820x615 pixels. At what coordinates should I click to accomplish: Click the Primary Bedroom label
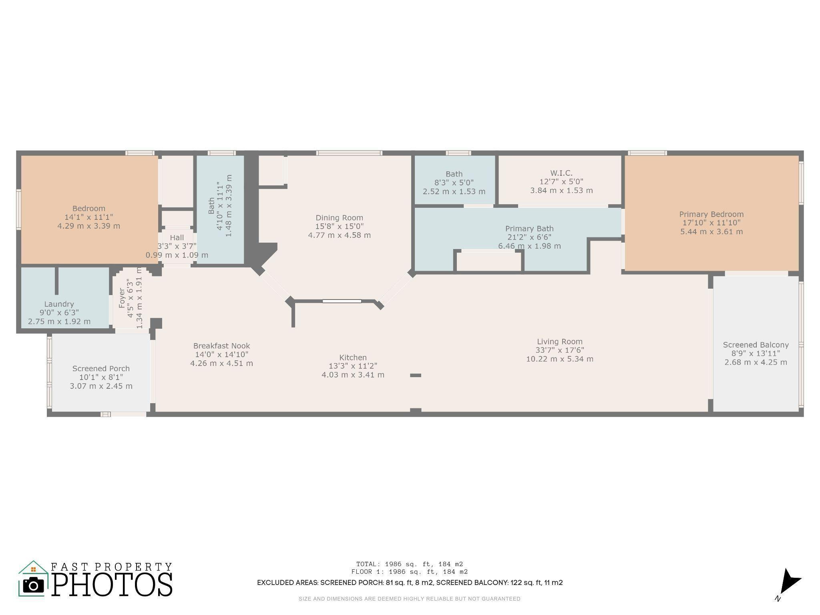tap(711, 214)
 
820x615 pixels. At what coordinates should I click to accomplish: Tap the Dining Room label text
tap(339, 218)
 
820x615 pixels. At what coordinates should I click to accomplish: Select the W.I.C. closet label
tap(561, 173)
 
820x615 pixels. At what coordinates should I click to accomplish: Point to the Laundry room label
tap(59, 304)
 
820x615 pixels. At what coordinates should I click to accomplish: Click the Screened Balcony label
tap(756, 345)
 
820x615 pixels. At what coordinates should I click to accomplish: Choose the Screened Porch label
tap(101, 368)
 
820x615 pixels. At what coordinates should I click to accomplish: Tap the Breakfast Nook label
tap(221, 346)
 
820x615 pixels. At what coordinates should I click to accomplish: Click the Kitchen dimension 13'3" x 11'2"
tap(353, 366)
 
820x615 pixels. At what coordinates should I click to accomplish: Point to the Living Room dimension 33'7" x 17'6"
tap(559, 350)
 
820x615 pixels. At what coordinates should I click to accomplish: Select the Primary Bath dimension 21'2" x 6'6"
tap(529, 237)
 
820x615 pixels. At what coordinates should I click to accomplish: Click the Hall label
tap(177, 237)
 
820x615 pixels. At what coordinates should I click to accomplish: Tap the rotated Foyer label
tap(122, 298)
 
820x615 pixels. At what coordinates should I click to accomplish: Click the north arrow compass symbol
tap(789, 583)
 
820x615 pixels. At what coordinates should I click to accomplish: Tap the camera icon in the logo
tap(33, 585)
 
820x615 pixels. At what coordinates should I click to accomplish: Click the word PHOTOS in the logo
tap(112, 585)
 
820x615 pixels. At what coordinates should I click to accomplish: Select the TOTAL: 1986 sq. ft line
tap(409, 564)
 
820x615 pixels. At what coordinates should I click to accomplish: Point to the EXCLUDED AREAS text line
tap(409, 583)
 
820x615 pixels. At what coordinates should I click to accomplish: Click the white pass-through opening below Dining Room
tap(342, 301)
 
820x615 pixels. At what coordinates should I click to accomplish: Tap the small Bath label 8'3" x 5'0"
tap(454, 174)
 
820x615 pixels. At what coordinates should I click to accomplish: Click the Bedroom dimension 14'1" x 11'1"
tap(88, 217)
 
